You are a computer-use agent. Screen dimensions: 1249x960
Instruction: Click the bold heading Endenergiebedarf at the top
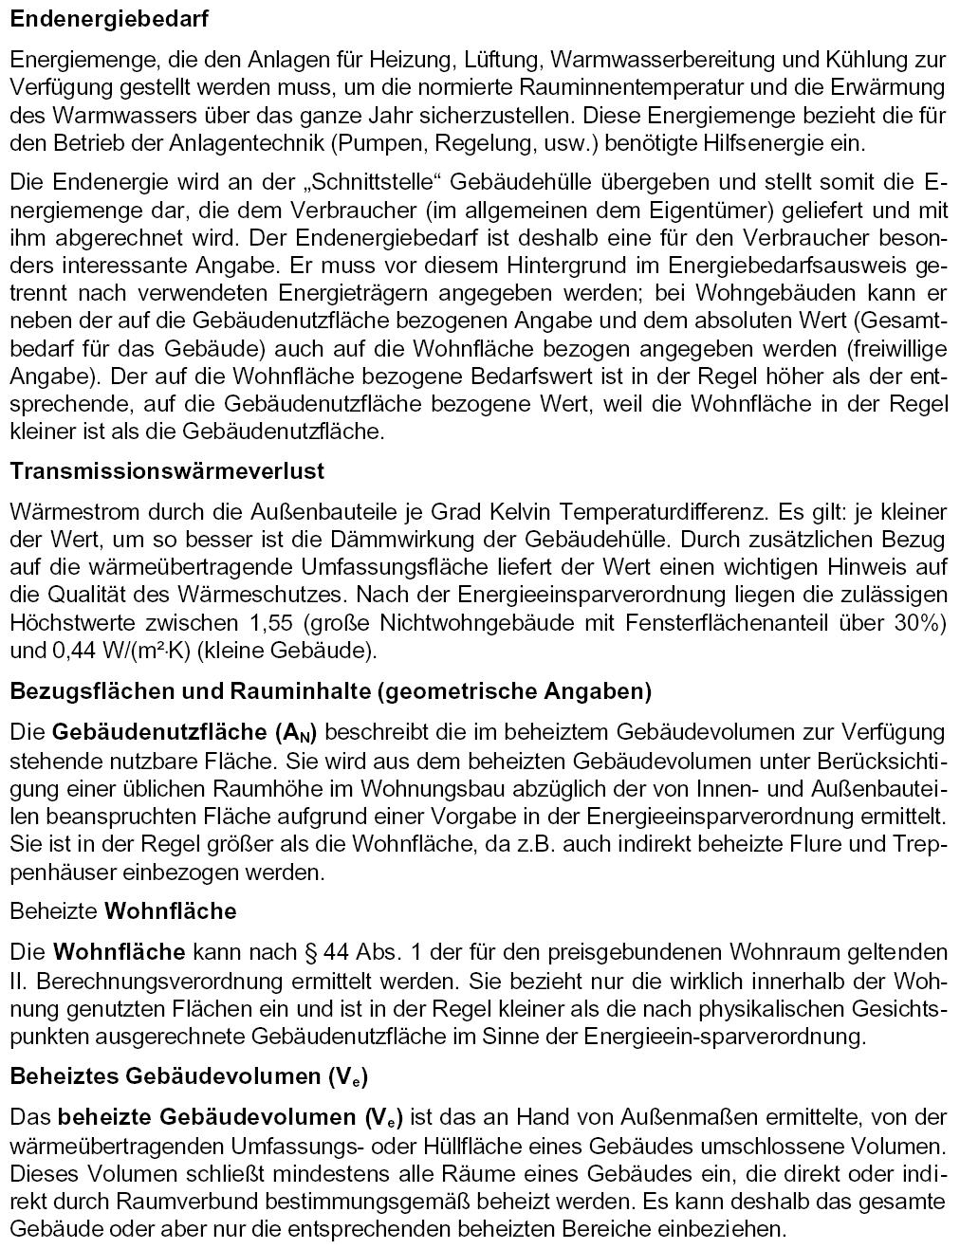110,18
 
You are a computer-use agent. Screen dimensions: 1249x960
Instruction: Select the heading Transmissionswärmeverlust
167,470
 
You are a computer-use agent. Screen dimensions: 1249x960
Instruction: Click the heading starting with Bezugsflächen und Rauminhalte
330,691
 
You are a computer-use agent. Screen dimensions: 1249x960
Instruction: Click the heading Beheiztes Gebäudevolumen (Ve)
189,1076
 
